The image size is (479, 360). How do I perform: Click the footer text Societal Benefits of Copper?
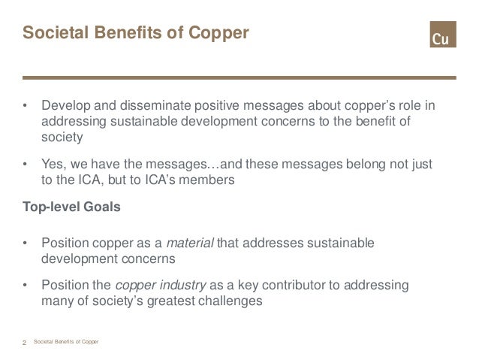tap(72, 343)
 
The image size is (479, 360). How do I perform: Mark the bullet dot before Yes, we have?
tap(26, 165)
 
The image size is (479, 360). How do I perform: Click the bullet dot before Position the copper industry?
tap(26, 287)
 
